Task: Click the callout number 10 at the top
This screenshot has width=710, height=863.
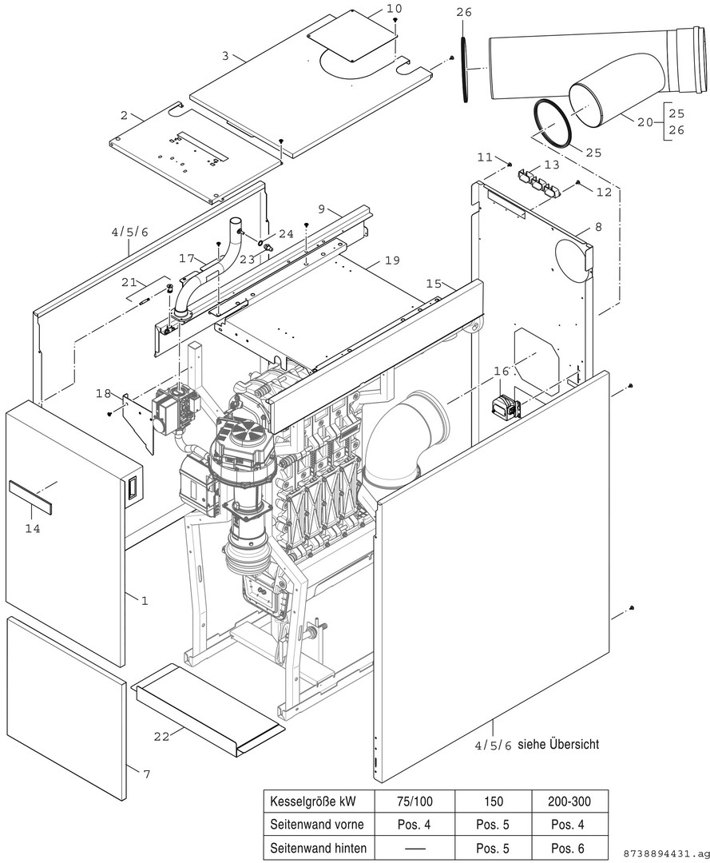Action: [x=395, y=8]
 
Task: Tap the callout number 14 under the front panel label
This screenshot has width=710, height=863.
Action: [x=32, y=529]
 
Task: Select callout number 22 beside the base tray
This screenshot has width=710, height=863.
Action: [x=161, y=737]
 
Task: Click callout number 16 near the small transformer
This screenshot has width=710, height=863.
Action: [x=501, y=372]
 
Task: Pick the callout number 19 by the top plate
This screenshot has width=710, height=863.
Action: [x=391, y=260]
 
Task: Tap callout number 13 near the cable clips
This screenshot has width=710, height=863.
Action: [x=552, y=165]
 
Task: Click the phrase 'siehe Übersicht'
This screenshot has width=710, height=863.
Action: [x=558, y=744]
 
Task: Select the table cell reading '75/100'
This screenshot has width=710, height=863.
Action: [x=415, y=801]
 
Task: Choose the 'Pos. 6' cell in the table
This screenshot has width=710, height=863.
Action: [x=570, y=846]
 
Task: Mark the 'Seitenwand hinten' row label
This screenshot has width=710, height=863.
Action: [x=318, y=846]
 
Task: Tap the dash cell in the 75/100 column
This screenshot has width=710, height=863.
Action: [x=415, y=846]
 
